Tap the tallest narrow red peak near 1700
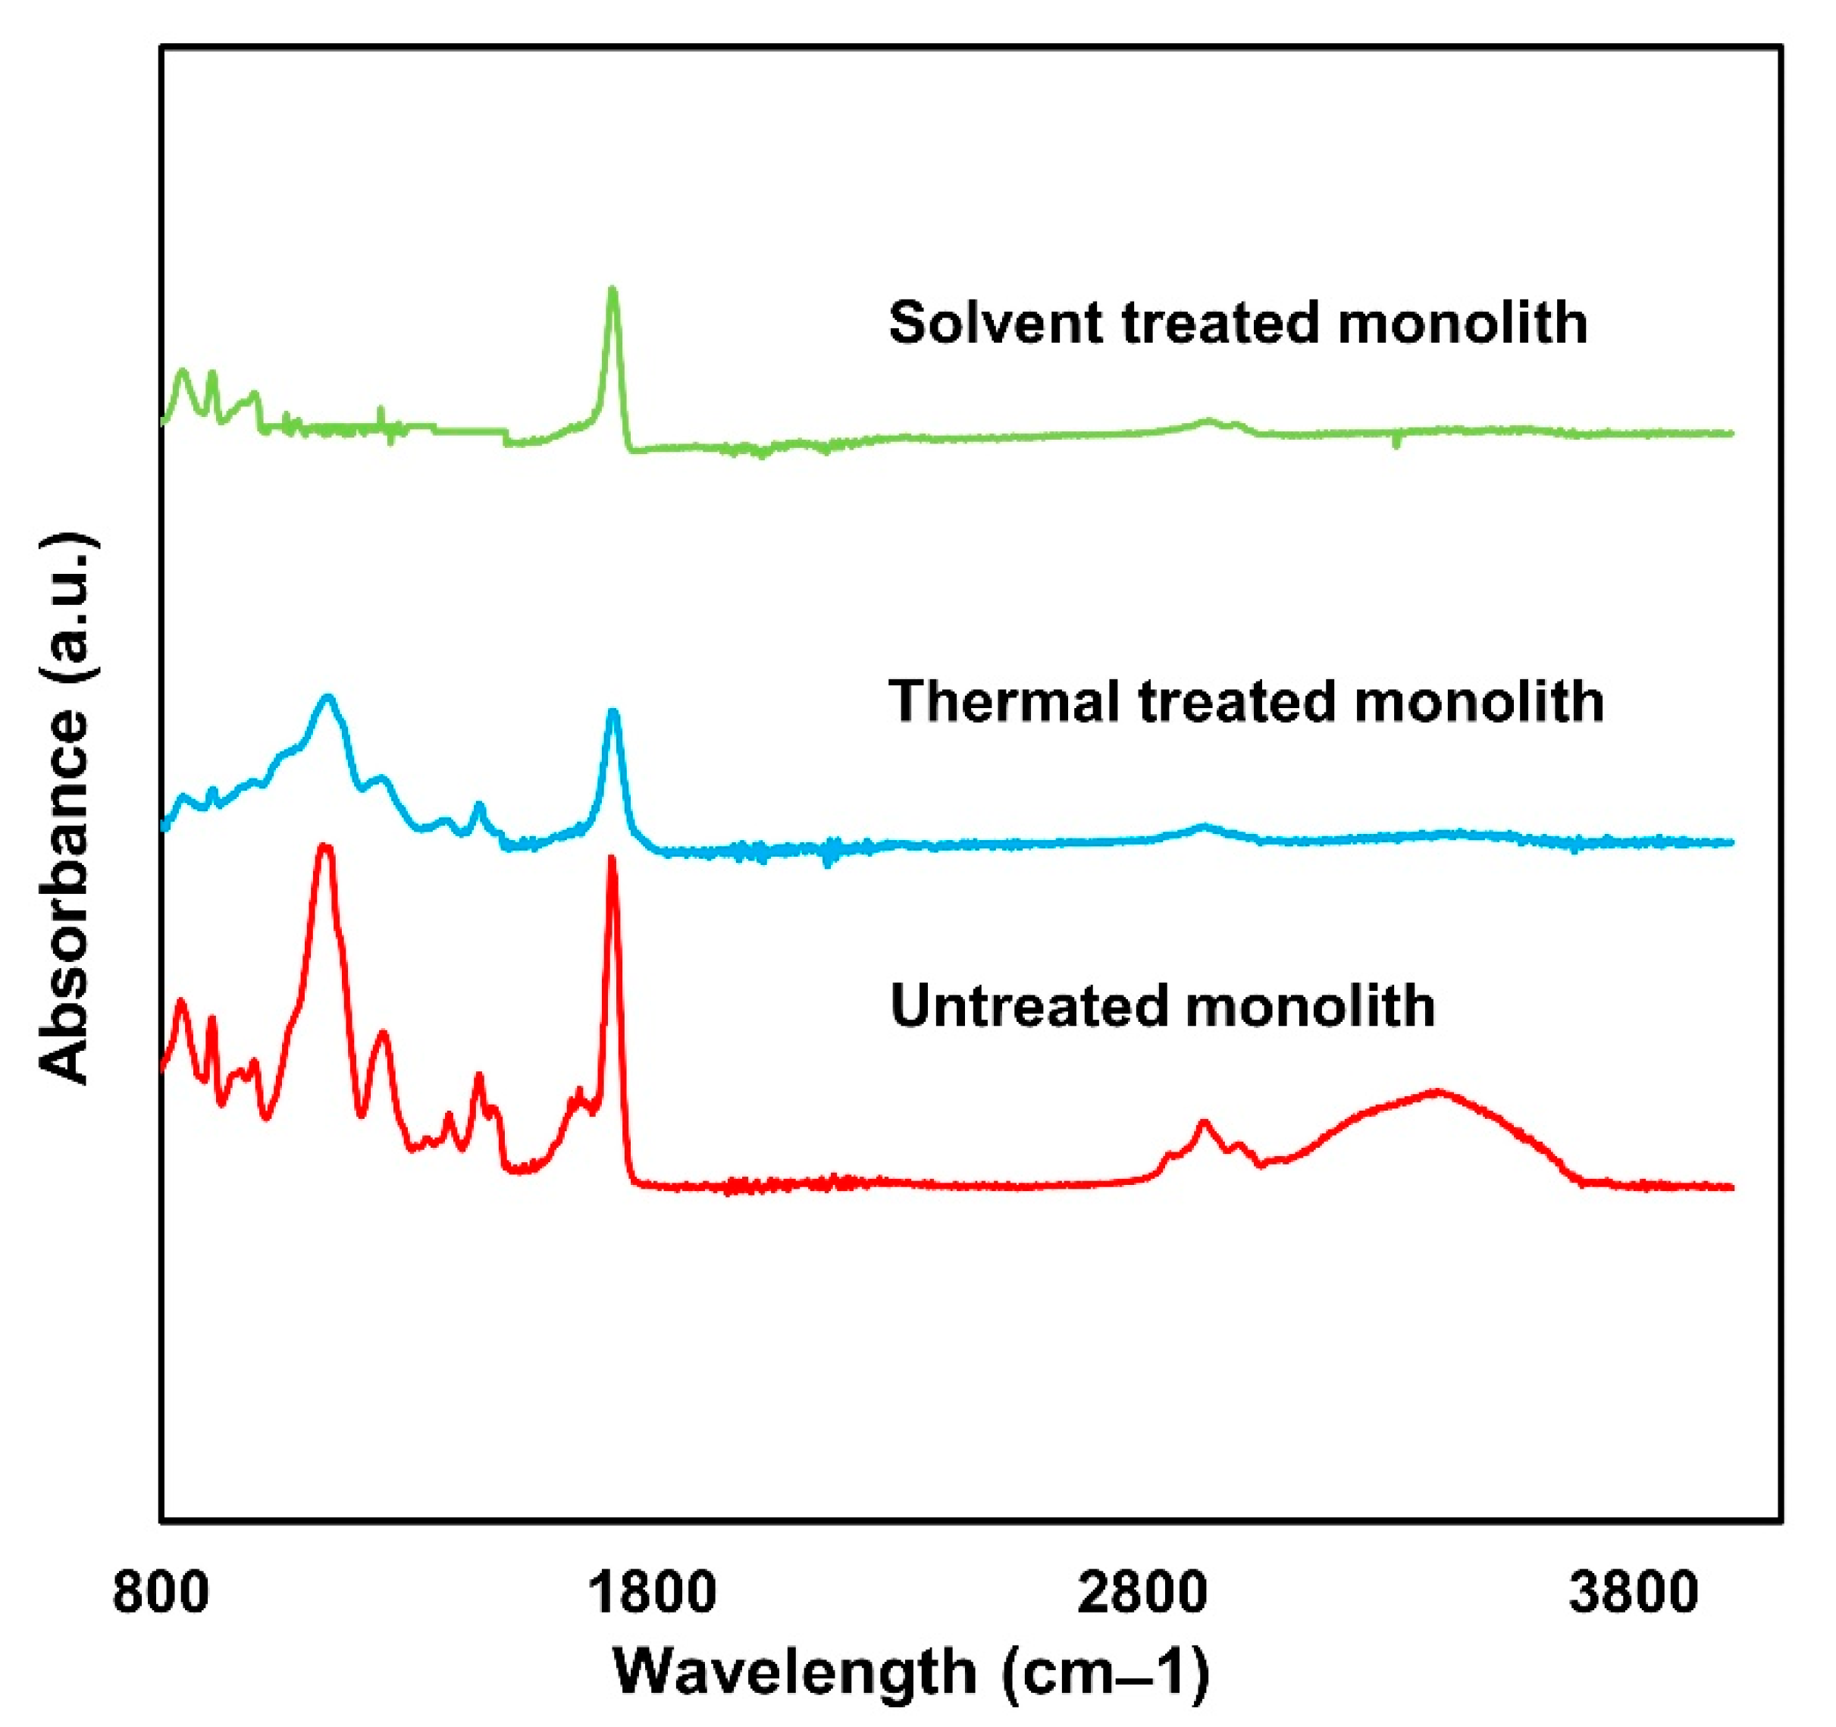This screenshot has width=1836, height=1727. (x=610, y=859)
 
